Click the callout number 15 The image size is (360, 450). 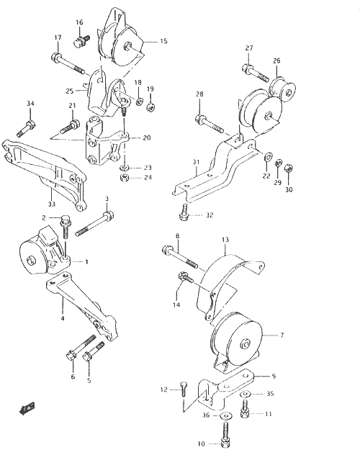coord(163,41)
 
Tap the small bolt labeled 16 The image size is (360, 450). coord(81,41)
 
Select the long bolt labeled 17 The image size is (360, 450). coord(68,63)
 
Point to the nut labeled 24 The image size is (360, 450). coord(125,178)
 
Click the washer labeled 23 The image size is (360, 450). coord(125,168)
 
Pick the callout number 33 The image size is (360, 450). coord(51,204)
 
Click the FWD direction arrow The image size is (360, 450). coord(27,408)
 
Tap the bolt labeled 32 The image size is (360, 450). coord(184,212)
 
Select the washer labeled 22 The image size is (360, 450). coord(269,157)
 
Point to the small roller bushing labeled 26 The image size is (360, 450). coord(283,89)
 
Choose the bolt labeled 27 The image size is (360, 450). coord(256,73)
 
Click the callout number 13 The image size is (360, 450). coord(225,239)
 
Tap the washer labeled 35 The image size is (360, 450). coord(245,394)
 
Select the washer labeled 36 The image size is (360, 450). coord(225,415)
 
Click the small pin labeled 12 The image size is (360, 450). coord(184,389)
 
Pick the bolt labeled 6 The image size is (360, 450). coord(81,347)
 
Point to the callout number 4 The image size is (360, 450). coord(63,318)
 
